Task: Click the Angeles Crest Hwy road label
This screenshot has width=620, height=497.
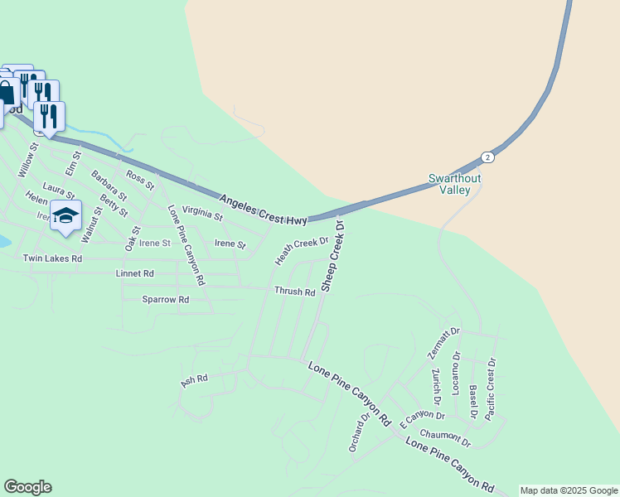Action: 264,209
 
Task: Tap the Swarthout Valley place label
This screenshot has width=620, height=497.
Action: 454,184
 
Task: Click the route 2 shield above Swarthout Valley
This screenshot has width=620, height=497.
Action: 487,157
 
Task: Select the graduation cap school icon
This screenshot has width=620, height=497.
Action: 65,216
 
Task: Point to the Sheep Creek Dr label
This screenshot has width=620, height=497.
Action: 332,256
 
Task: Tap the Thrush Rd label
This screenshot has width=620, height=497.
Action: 295,292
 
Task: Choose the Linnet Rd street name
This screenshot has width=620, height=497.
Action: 135,273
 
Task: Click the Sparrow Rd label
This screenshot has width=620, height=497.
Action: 159,299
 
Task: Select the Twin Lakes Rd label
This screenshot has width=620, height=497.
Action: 52,258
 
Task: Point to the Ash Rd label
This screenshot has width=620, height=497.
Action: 193,381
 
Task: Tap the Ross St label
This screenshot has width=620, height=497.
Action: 139,180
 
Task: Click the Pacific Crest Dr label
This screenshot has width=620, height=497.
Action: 491,388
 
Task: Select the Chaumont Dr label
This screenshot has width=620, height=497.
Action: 445,436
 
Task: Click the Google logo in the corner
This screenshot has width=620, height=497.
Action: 27,487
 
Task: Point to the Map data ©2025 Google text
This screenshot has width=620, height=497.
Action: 569,490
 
